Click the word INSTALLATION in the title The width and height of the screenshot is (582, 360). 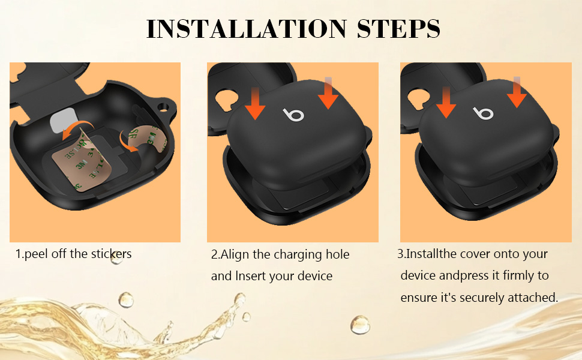tap(247, 29)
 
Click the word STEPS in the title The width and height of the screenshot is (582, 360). tap(398, 29)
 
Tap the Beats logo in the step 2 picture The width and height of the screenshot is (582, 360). tap(293, 115)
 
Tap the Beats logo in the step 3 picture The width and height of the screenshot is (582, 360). tap(483, 113)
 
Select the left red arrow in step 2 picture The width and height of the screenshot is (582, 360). tap(255, 104)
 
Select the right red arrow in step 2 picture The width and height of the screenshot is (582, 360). tap(328, 93)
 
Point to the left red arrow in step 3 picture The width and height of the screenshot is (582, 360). tap(446, 103)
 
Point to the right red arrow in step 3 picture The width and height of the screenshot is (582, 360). tap(517, 92)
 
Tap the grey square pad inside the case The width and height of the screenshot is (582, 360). tap(63, 121)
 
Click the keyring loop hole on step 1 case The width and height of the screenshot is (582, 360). tap(163, 107)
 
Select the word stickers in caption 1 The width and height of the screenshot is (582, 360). tap(112, 254)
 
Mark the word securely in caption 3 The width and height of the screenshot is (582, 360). tap(482, 298)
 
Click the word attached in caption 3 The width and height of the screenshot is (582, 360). tap(533, 298)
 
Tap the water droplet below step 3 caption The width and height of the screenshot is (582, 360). tap(360, 325)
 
